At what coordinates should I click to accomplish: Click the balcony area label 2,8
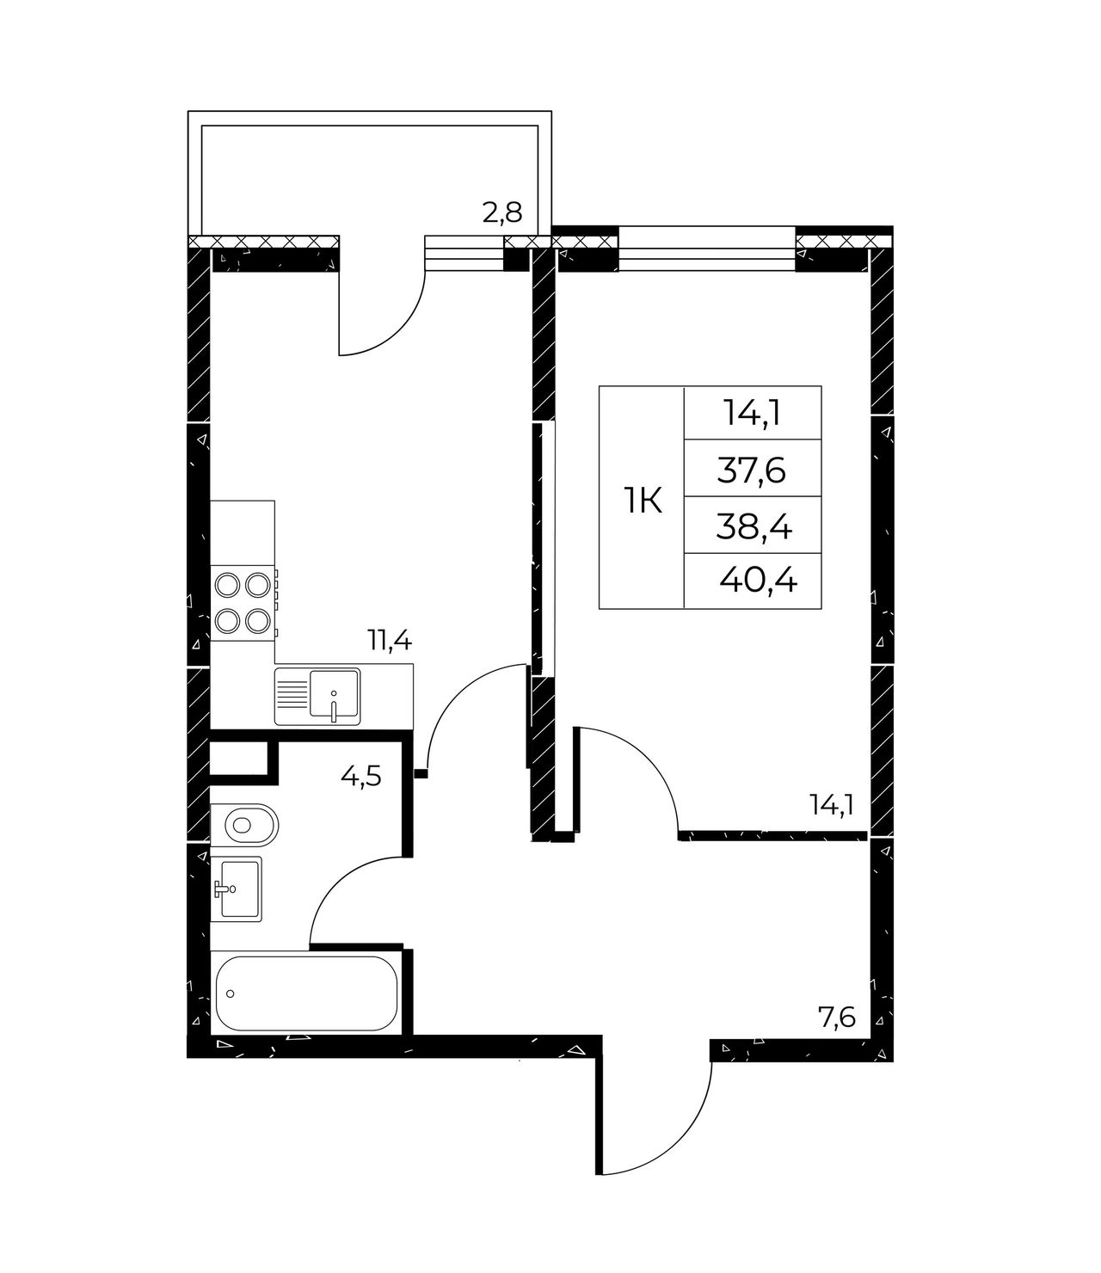click(502, 213)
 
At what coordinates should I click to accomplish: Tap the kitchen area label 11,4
click(389, 641)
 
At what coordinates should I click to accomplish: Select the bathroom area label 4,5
click(361, 778)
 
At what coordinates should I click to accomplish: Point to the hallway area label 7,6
click(838, 1018)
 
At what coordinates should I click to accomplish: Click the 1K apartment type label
click(643, 501)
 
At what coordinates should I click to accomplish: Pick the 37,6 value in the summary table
click(751, 472)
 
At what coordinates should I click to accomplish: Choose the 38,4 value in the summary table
click(753, 528)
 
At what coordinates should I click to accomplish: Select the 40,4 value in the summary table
click(758, 580)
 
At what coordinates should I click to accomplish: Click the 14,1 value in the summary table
click(753, 414)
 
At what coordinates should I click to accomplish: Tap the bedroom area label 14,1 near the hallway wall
click(832, 805)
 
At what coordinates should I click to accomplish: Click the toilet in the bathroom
click(244, 823)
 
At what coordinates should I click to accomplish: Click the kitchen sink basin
click(335, 693)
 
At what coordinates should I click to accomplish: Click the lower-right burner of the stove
click(256, 621)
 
